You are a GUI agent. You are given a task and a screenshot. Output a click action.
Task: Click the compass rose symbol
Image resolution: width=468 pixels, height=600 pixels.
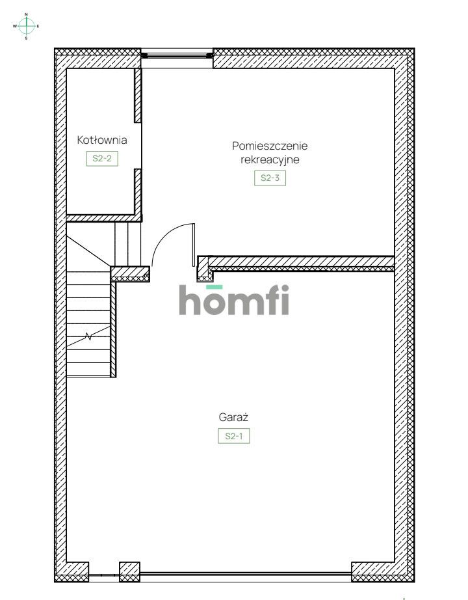(26, 26)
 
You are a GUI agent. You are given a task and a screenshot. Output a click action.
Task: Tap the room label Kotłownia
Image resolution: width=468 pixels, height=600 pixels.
(101, 140)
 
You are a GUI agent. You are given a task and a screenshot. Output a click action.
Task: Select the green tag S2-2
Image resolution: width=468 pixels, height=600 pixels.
(102, 158)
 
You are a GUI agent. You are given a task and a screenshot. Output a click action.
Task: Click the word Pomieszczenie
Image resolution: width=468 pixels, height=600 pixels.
(270, 146)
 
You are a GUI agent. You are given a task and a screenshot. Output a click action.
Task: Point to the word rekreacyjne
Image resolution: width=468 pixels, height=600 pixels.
(270, 159)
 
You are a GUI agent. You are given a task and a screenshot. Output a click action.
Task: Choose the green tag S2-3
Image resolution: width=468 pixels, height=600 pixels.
(270, 178)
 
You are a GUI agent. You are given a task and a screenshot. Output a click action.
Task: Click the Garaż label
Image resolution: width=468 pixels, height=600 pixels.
(233, 418)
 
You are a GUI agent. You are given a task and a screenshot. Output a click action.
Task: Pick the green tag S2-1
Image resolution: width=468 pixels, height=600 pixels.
(233, 437)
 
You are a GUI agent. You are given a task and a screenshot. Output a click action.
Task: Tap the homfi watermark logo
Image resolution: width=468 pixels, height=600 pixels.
(234, 301)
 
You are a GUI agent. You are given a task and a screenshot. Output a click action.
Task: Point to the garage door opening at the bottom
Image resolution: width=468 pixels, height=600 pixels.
(246, 575)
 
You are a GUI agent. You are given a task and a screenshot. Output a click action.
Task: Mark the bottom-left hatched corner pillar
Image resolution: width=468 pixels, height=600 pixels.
(71, 571)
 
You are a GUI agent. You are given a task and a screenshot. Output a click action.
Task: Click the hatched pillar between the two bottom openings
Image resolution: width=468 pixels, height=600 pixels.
(130, 571)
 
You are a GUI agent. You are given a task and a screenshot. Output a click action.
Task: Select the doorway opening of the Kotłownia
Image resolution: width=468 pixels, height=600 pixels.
(138, 146)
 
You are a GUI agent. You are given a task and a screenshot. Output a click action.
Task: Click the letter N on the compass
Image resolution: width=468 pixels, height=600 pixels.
(26, 14)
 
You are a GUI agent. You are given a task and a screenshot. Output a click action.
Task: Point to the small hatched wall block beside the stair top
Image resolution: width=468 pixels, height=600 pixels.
(130, 273)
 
